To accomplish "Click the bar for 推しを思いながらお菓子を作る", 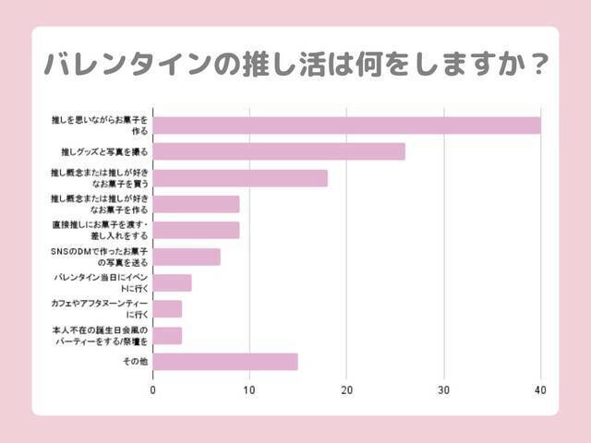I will coord(346,125).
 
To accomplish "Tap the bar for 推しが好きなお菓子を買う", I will coord(240,178).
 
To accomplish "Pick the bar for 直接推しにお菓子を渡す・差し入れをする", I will coord(196,230).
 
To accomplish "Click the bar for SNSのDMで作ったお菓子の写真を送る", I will coord(187,257).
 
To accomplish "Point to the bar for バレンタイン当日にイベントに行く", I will coord(172,282).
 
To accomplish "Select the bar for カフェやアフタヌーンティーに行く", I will coord(167,308).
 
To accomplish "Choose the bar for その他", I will coord(225,361).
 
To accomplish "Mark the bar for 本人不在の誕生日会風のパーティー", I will coord(167,335).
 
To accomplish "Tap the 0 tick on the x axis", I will coord(153,390).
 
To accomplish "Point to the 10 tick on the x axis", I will coord(249,390).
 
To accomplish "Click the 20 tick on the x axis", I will coord(346,390).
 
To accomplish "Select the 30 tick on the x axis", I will coord(443,390).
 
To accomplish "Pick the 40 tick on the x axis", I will coord(540,390).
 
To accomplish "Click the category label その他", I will coord(135,361).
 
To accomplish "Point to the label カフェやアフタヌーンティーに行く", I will coord(102,308).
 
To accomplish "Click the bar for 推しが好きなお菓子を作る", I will coord(196,204).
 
